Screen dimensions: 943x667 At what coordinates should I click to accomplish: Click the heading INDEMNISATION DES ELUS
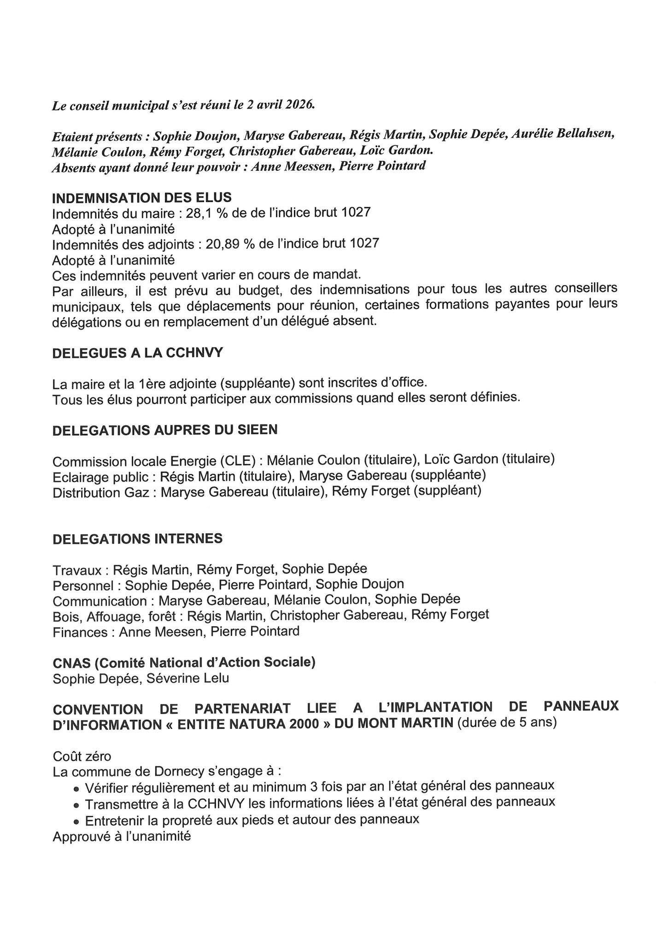click(x=142, y=198)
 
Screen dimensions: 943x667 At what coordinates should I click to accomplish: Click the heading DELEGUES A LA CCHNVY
click(x=138, y=353)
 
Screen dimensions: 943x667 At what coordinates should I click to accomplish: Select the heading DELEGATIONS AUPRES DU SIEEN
click(x=165, y=430)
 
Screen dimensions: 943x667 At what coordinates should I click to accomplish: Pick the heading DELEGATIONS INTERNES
click(x=138, y=539)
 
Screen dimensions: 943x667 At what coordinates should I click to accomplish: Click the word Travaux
click(x=77, y=570)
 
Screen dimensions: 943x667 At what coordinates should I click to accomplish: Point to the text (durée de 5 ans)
click(x=507, y=723)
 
